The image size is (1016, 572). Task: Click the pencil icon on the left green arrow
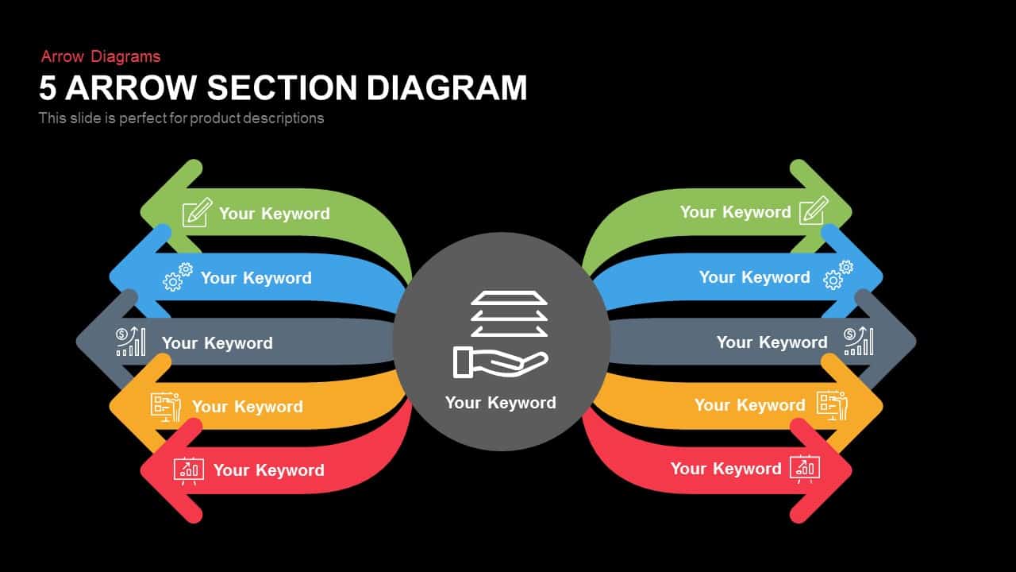coord(197,212)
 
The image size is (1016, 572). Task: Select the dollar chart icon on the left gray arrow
coord(131,342)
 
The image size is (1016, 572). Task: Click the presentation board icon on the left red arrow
coord(189,470)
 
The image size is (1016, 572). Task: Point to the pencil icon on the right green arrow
coord(814,211)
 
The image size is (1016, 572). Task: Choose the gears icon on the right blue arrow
coord(838,275)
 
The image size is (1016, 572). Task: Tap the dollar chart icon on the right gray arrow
coord(858,341)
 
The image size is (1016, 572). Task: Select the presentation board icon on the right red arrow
coord(805,469)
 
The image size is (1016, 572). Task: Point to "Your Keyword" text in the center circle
coord(500,403)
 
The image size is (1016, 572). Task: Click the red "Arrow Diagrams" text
coord(101,56)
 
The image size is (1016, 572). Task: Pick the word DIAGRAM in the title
coord(447,87)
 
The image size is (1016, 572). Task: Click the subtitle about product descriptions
coord(181,118)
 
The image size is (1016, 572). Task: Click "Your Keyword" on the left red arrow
coord(268,470)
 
